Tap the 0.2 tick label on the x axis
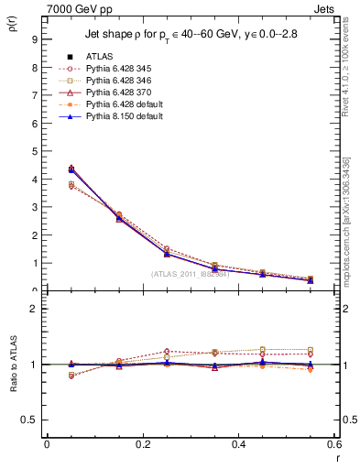(x=143, y=444)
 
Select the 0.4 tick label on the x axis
(x=239, y=444)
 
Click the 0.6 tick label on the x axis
(x=333, y=444)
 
